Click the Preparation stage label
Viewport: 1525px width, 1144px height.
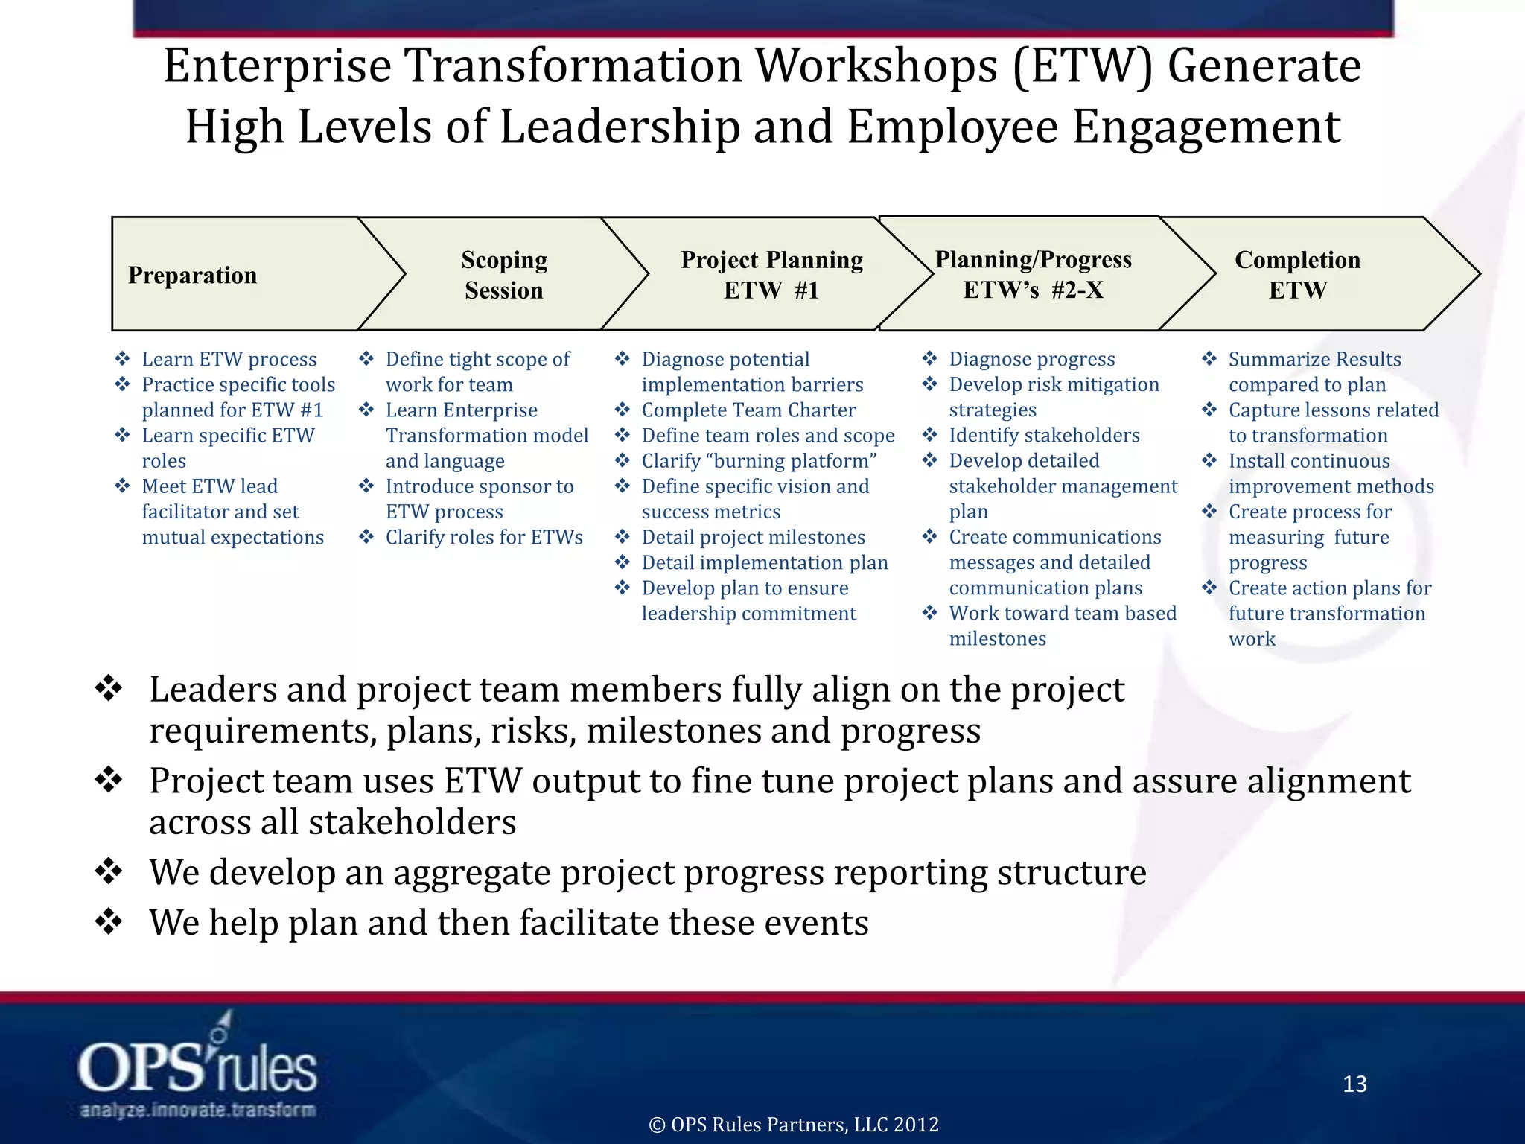coord(192,275)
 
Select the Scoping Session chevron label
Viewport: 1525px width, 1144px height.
coord(504,275)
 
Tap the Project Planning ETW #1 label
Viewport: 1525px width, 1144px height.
coord(771,275)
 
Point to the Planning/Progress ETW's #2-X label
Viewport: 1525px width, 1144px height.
coord(1034,274)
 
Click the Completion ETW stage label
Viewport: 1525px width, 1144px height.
coord(1297,275)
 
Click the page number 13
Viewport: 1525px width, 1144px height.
coord(1354,1084)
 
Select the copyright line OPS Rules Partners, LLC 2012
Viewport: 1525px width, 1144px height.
coord(794,1124)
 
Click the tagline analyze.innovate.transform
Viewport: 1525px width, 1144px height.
coord(197,1110)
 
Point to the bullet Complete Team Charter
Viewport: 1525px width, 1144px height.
coord(748,410)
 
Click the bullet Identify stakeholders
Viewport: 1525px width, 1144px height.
coord(1044,436)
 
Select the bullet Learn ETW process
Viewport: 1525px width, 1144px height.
coord(229,360)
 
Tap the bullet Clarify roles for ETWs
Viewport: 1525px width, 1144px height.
coord(484,538)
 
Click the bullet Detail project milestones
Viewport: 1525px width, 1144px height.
coord(754,538)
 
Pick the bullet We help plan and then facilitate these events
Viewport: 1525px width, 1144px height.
coord(509,923)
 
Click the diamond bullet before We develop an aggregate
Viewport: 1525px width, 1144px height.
coord(109,872)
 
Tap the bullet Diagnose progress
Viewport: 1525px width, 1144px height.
coord(1031,360)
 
